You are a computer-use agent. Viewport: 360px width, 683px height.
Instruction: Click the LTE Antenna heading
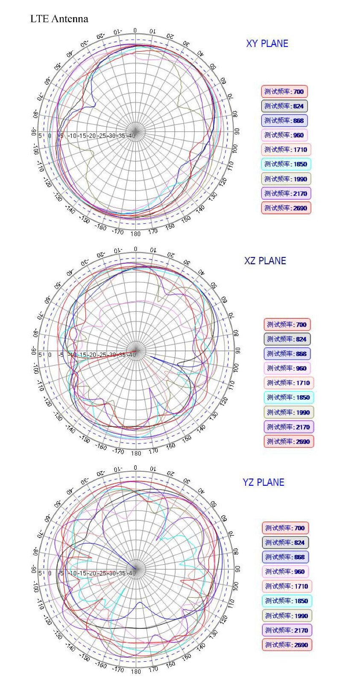pyautogui.click(x=59, y=19)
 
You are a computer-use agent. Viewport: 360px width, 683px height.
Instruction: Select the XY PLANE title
pyautogui.click(x=267, y=44)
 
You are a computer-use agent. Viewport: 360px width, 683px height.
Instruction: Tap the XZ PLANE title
pyautogui.click(x=265, y=261)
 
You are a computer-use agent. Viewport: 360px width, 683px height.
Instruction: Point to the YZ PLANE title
pyautogui.click(x=263, y=482)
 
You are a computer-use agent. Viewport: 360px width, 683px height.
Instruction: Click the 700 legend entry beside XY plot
pyautogui.click(x=284, y=92)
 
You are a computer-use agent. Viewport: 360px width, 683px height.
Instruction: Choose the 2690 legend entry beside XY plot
pyautogui.click(x=286, y=208)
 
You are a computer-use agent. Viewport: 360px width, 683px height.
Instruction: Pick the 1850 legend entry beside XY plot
pyautogui.click(x=286, y=164)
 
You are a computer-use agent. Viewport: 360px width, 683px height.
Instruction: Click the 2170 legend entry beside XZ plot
pyautogui.click(x=288, y=427)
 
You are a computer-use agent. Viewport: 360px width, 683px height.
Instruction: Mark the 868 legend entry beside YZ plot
pyautogui.click(x=285, y=557)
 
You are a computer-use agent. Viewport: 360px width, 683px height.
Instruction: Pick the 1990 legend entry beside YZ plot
pyautogui.click(x=287, y=616)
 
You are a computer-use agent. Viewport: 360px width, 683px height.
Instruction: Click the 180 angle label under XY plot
pyautogui.click(x=135, y=234)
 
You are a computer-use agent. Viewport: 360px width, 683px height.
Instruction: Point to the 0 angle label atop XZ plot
pyautogui.click(x=135, y=249)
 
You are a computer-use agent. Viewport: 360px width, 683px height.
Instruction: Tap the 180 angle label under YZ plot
pyautogui.click(x=136, y=671)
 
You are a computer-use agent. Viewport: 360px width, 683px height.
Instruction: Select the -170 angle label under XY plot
pyautogui.click(x=117, y=232)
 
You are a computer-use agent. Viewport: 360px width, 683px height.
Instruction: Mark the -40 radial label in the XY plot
pyautogui.click(x=132, y=136)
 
